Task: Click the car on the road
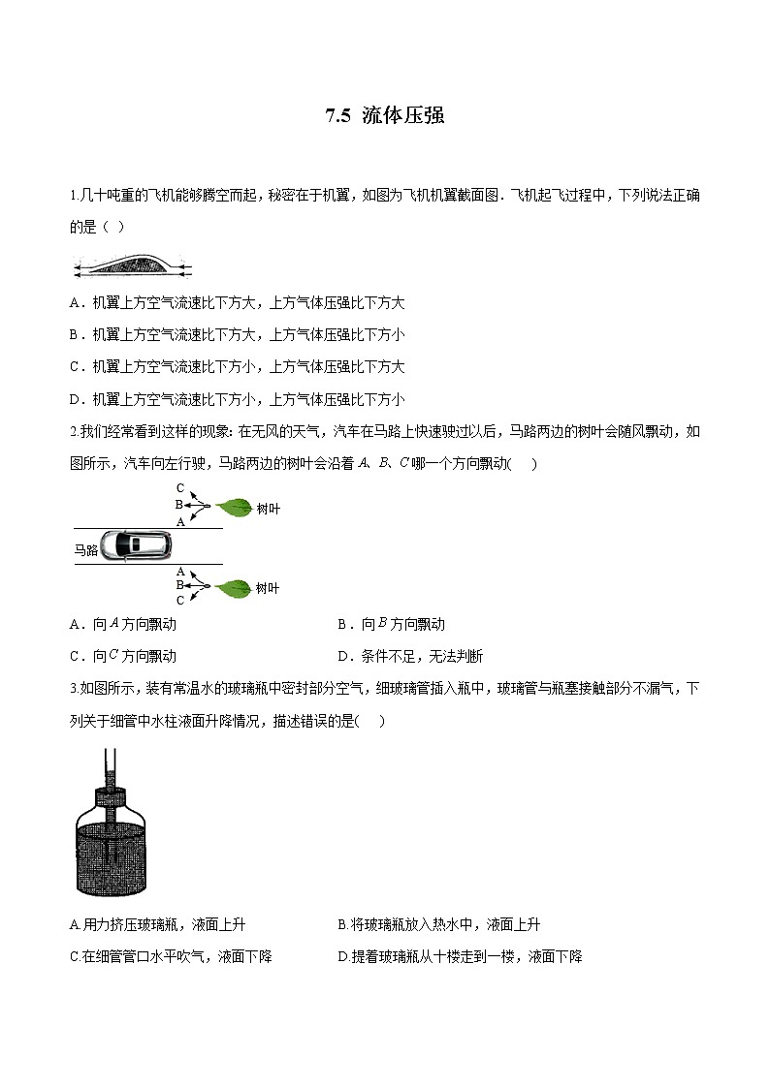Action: click(139, 544)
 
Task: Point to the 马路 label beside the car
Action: click(86, 549)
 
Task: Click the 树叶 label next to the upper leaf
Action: click(268, 507)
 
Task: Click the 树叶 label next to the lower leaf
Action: click(268, 588)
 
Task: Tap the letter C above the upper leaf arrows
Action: click(180, 487)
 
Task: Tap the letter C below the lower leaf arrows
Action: click(180, 601)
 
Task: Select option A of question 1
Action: click(237, 303)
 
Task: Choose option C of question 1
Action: click(237, 367)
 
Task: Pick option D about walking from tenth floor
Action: click(460, 957)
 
